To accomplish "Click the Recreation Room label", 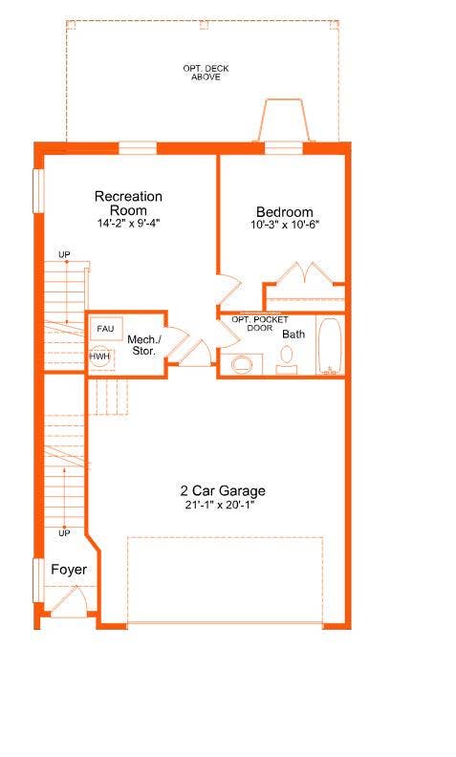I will [x=128, y=203].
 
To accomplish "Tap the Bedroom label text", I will [x=284, y=212].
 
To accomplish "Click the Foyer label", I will [x=69, y=570].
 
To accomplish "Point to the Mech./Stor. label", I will [x=144, y=345].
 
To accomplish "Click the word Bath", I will [x=293, y=335].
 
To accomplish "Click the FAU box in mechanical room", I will [x=105, y=329].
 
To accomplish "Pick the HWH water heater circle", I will [x=100, y=356].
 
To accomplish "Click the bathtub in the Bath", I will [x=329, y=346].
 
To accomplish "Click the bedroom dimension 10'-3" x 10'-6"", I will [x=284, y=226].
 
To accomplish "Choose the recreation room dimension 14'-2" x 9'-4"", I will [x=128, y=223].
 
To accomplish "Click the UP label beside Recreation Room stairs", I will [x=64, y=254].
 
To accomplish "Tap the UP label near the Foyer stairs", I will [x=65, y=531].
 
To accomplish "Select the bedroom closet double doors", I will [x=305, y=274].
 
